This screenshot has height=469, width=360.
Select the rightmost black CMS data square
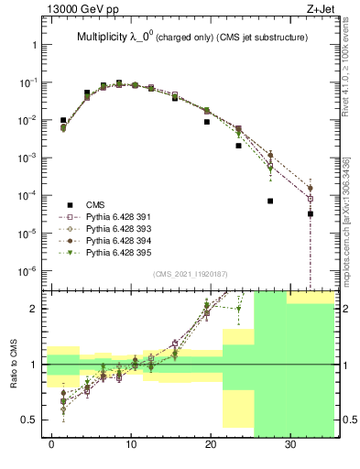[x=311, y=213]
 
